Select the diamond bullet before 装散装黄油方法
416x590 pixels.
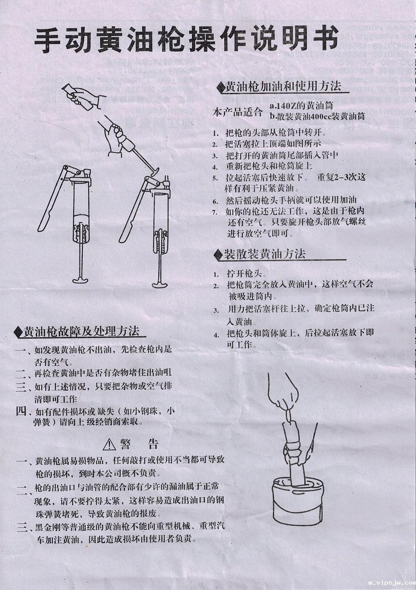[218, 255]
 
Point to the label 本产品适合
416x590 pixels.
[238, 112]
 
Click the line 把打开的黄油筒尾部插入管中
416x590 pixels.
[282, 155]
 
